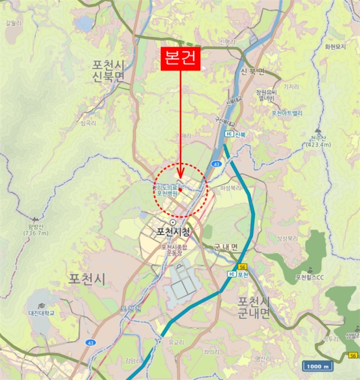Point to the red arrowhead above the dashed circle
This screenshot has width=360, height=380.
[180, 175]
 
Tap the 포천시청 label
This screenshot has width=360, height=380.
[173, 232]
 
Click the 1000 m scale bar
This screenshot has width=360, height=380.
[318, 366]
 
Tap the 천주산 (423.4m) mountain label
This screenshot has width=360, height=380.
[318, 141]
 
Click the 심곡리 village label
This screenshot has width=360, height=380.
[88, 124]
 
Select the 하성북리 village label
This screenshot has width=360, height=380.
[230, 188]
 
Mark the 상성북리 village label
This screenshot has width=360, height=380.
[289, 239]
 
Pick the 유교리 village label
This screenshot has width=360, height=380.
[177, 342]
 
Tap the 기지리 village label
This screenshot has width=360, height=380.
[292, 86]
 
